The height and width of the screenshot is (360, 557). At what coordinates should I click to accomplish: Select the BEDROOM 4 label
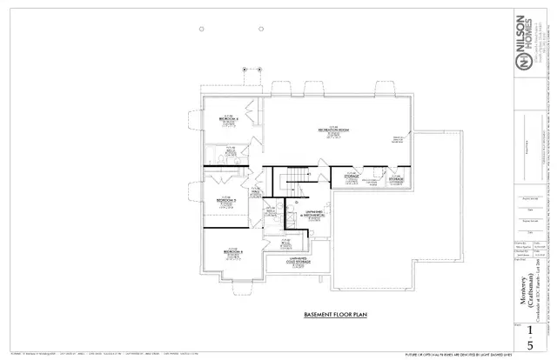[229, 119]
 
